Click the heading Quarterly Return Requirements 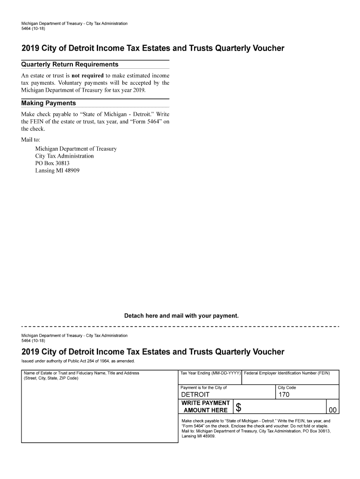pyautogui.click(x=70, y=65)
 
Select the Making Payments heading pyautogui.click(x=49, y=103)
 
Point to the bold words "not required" pyautogui.click(x=87, y=75)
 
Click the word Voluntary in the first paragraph pyautogui.click(x=74, y=83)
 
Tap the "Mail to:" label pyautogui.click(x=31, y=140)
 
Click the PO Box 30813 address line pyautogui.click(x=52, y=163)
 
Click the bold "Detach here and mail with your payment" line pyautogui.click(x=181, y=316)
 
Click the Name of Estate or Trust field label pyautogui.click(x=81, y=373)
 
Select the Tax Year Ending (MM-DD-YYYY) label pyautogui.click(x=210, y=373)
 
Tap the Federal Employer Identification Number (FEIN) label pyautogui.click(x=287, y=373)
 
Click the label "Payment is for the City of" pyautogui.click(x=203, y=388)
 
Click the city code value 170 pyautogui.click(x=284, y=395)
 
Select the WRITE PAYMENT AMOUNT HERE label pyautogui.click(x=205, y=406)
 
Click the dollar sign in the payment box pyautogui.click(x=238, y=408)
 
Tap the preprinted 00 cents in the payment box pyautogui.click(x=332, y=410)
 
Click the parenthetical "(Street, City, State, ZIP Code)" pyautogui.click(x=51, y=378)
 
